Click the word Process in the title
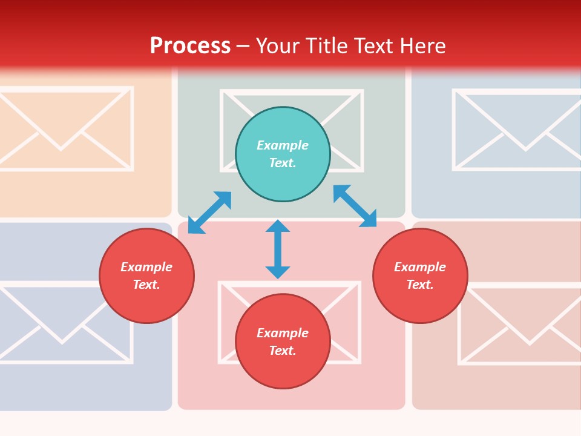(190, 46)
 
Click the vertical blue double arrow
(278, 249)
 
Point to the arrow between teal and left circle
(209, 213)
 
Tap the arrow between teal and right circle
(355, 206)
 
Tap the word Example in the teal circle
(283, 145)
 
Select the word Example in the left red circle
(146, 267)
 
